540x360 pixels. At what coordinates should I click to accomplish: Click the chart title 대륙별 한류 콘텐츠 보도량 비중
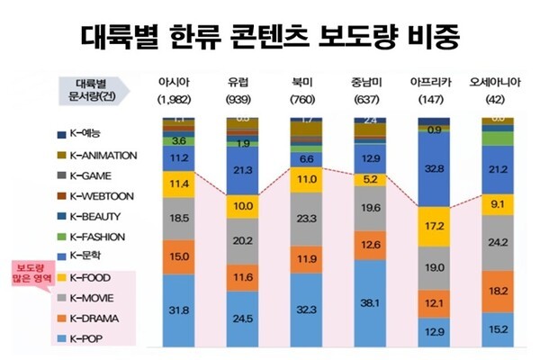pos(270,36)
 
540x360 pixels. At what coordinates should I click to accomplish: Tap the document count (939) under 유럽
pos(242,97)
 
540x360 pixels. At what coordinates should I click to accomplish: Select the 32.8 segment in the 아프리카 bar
pos(435,167)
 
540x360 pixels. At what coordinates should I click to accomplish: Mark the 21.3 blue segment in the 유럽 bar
pos(242,169)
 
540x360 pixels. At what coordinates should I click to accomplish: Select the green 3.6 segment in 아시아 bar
pos(179,140)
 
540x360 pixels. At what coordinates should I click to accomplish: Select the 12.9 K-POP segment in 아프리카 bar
pos(435,333)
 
